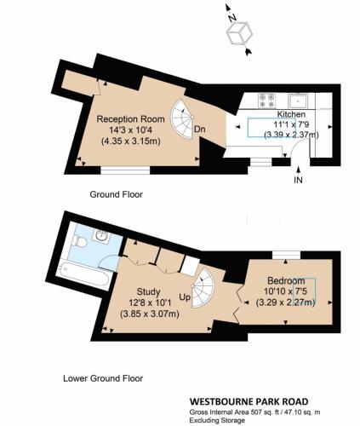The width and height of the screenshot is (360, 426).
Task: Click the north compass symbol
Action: click(x=239, y=34)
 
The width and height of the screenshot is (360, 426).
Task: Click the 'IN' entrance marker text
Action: click(x=298, y=181)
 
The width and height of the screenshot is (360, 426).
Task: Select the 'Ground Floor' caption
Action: click(x=117, y=194)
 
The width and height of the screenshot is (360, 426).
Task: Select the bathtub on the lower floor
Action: click(x=83, y=276)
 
